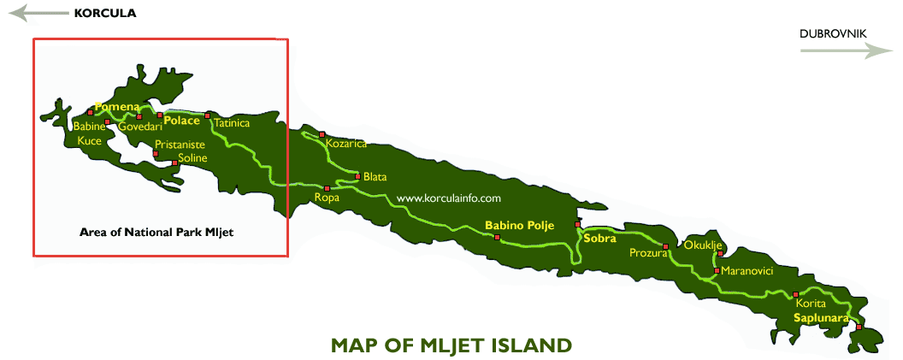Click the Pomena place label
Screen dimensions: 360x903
(118, 107)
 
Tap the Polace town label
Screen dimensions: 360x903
(181, 121)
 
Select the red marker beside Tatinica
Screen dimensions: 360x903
(207, 115)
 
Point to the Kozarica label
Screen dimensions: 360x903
(346, 144)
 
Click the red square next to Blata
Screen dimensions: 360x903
(357, 176)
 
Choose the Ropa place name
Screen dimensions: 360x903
(327, 198)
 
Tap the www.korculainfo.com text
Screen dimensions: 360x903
(448, 198)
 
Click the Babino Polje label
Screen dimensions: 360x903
(519, 226)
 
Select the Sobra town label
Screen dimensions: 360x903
(599, 239)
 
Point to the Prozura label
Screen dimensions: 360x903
(647, 253)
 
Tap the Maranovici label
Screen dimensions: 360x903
(747, 271)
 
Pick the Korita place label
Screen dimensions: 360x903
(811, 304)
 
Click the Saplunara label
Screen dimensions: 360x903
(820, 318)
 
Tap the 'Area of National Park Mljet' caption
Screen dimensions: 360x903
(156, 232)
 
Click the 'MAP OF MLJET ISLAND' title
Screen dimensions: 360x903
(451, 345)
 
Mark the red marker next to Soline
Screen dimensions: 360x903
(174, 162)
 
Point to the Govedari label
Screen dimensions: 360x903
(138, 127)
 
